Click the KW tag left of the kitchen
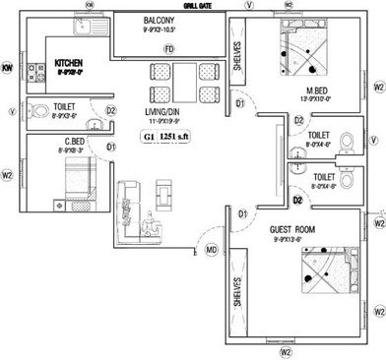tap(7, 68)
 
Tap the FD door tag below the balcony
tap(168, 49)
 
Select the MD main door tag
tap(210, 250)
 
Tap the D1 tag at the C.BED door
tap(111, 147)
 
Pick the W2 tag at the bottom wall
tap(287, 351)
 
